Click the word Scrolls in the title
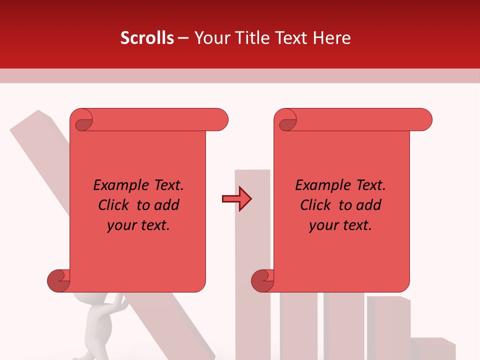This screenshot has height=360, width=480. (x=147, y=38)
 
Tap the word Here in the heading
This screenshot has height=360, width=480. (x=332, y=38)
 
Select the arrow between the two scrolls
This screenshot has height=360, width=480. (x=237, y=199)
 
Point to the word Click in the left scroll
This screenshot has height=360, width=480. (x=114, y=205)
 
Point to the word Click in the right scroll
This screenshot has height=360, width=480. (x=316, y=205)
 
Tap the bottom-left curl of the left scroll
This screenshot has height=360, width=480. (x=58, y=280)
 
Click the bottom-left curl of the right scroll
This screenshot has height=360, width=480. (x=262, y=280)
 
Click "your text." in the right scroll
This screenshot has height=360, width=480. (x=340, y=225)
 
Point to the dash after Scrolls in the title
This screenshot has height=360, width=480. (x=183, y=38)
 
